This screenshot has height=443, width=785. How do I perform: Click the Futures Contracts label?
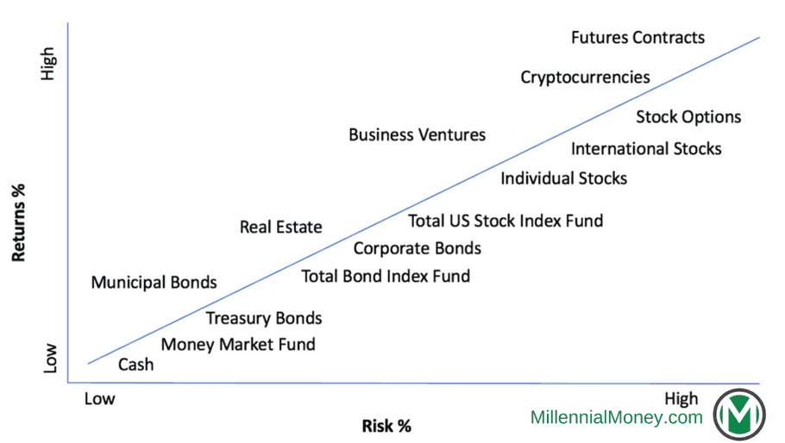[x=637, y=38]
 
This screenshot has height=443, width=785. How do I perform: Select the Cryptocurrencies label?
[x=585, y=78]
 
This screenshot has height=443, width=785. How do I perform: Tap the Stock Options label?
[x=688, y=117]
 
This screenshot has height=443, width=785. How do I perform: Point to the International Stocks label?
[x=646, y=149]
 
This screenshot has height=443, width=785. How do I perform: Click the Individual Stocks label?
[x=563, y=178]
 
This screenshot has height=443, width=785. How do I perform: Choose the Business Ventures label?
[x=417, y=135]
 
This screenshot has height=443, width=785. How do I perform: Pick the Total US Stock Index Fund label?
[x=506, y=221]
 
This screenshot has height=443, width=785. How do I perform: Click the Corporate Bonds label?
[x=417, y=248]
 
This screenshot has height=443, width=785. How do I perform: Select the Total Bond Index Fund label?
[x=386, y=277]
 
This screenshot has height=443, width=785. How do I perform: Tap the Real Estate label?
[x=280, y=228]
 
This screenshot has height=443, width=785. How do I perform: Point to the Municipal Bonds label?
[x=154, y=283]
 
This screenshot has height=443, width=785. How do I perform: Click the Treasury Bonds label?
[x=263, y=318]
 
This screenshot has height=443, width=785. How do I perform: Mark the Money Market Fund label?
[x=238, y=345]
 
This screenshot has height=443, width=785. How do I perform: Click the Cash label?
[x=135, y=365]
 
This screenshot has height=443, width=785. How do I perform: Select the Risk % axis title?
[x=386, y=426]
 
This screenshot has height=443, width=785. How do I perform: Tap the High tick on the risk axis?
[x=681, y=399]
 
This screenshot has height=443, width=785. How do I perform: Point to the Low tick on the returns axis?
[x=49, y=359]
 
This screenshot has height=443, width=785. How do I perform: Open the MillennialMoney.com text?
[x=616, y=418]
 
